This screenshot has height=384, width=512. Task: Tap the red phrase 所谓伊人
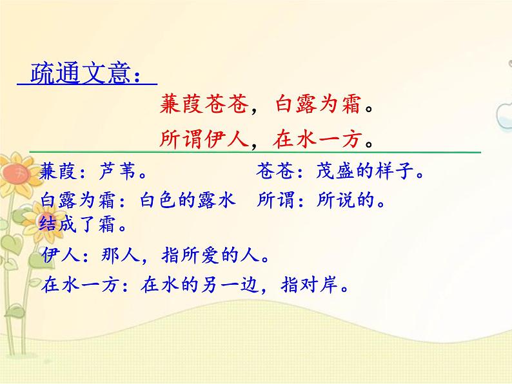point(203,138)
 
